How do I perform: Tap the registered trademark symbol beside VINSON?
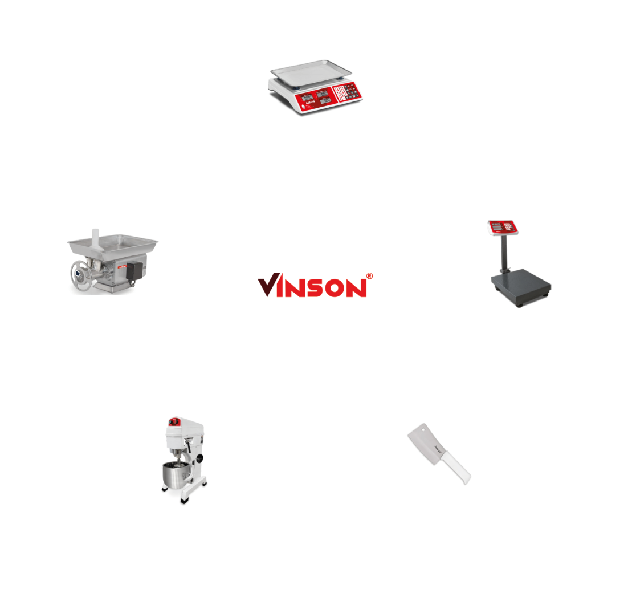tap(369, 276)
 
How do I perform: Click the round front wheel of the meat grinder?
tap(83, 277)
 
